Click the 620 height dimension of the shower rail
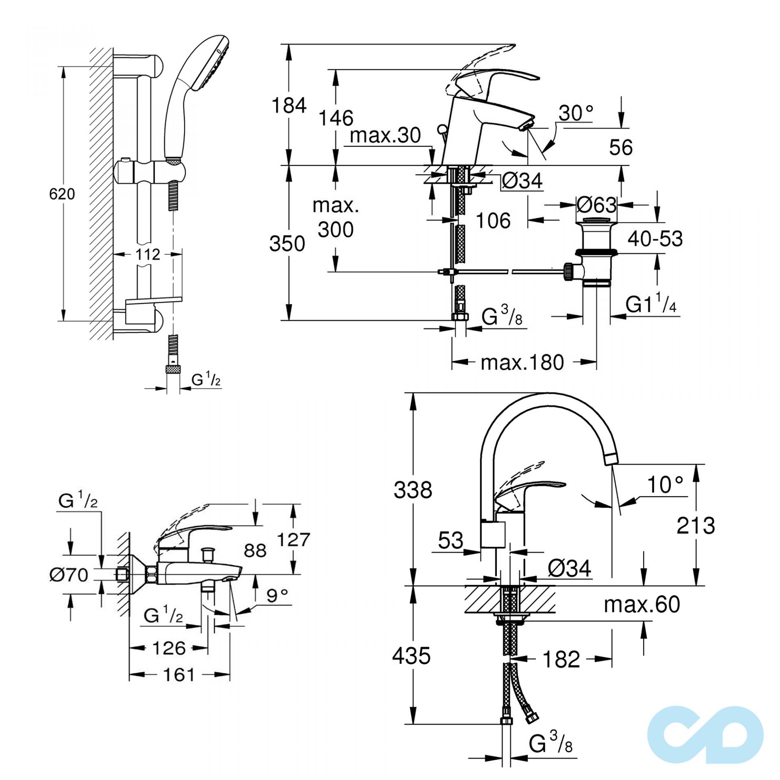point(62,194)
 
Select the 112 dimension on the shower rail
point(147,255)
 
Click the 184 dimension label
point(289,106)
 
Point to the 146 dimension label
point(336,119)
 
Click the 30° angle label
point(576,113)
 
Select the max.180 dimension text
point(522,362)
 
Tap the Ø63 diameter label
point(596,205)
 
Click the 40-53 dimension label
point(655,239)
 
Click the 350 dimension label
point(287,244)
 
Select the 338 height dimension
point(413,490)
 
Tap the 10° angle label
point(665,485)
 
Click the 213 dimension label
point(695,526)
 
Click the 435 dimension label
point(411,656)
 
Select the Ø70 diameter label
point(69,575)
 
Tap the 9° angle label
point(277,596)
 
